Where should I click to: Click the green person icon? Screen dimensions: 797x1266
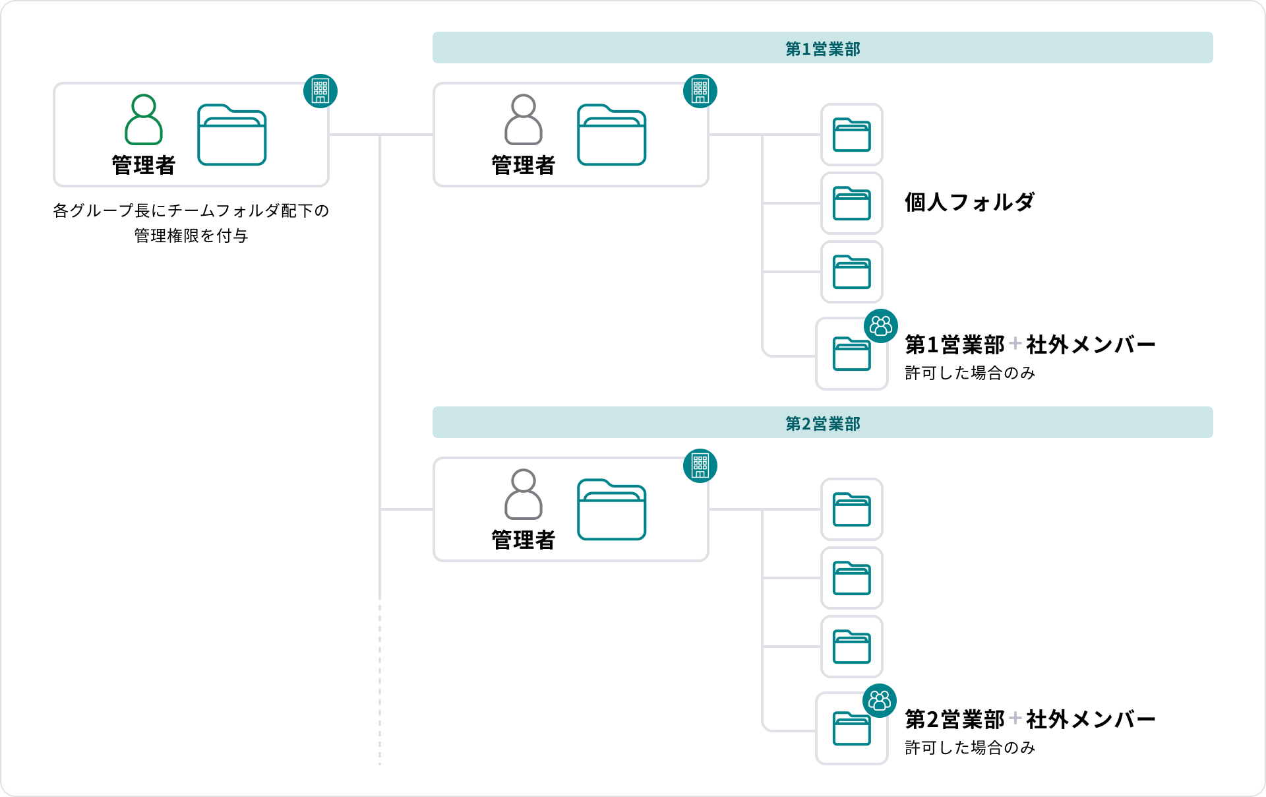pos(144,119)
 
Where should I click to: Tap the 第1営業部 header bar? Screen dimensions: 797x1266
pos(822,48)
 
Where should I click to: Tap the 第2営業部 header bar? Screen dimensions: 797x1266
pos(822,423)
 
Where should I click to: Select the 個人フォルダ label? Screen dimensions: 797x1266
pos(969,202)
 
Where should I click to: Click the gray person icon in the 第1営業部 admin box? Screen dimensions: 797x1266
pos(524,119)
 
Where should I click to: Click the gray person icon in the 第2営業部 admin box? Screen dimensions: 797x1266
pos(524,494)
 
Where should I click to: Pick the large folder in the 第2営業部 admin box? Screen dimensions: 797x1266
pos(611,509)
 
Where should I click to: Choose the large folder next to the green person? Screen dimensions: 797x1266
pos(231,135)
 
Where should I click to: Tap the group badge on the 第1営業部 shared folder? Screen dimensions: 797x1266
pos(881,326)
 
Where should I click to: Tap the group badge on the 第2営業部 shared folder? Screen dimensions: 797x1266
pos(880,701)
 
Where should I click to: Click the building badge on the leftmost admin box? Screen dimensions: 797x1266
pos(320,91)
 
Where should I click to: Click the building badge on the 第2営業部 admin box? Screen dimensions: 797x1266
pos(700,466)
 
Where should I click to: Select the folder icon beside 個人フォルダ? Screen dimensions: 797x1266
pos(851,203)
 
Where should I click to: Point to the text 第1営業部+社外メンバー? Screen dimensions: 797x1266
pos(1029,344)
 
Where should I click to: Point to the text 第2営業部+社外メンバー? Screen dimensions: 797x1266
pos(1029,719)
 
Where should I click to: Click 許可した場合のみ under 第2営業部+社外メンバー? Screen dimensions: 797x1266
pos(970,748)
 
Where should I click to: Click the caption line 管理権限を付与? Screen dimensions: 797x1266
pos(191,236)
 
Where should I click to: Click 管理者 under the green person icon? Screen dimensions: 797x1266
pos(144,165)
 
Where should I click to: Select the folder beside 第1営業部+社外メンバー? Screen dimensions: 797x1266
pos(851,354)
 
